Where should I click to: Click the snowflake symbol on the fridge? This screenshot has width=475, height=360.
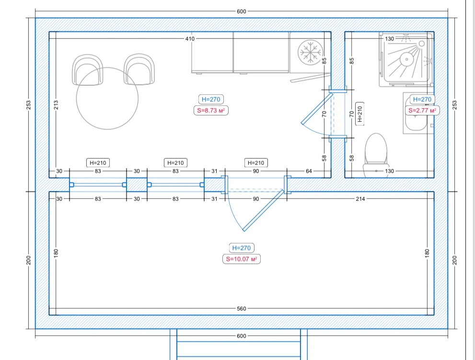310,52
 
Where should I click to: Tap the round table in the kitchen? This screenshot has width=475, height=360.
107,98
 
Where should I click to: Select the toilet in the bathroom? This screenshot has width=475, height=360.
376,154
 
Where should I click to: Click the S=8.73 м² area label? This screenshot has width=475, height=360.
211,110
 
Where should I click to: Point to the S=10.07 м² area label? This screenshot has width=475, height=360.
242,259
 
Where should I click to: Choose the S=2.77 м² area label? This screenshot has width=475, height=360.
422,110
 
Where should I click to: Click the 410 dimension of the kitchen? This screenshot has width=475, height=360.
190,39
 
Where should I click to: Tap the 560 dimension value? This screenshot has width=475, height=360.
242,309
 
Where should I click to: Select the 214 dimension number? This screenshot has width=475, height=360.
360,199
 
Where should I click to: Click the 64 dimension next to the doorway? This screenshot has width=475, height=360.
309,171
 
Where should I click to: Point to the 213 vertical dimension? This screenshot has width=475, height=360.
56,105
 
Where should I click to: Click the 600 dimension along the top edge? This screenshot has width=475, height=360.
242,12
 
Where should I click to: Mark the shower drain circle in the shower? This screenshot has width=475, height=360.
406,59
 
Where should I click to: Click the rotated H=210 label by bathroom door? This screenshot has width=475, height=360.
360,114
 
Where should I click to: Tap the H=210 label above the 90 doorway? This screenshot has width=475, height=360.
255,163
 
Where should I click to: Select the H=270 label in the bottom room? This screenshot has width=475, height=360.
242,248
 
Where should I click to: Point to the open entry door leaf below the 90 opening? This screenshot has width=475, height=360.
263,210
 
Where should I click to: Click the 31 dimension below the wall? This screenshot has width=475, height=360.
214,199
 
